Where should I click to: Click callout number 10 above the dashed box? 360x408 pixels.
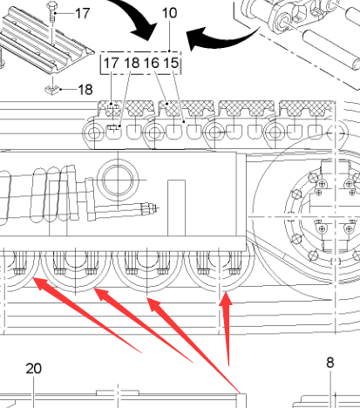(x=169, y=13)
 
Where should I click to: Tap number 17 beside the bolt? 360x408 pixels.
(x=83, y=13)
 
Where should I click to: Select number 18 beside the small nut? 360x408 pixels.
(x=85, y=90)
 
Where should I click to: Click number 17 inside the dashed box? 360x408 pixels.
(x=112, y=63)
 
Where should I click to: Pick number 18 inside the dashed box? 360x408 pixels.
(x=132, y=63)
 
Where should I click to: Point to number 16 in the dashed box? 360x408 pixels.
(x=152, y=63)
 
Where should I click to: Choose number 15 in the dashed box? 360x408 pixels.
(x=171, y=63)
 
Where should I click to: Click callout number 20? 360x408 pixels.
(x=34, y=369)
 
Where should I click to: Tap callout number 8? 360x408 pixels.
(x=330, y=363)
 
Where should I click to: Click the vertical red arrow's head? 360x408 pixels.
(x=226, y=299)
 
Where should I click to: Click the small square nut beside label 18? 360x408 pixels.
(x=52, y=90)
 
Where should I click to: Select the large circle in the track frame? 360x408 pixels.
(x=118, y=180)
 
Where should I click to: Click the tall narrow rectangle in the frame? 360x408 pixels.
(x=177, y=208)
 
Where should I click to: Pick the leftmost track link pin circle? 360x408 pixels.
(x=94, y=133)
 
